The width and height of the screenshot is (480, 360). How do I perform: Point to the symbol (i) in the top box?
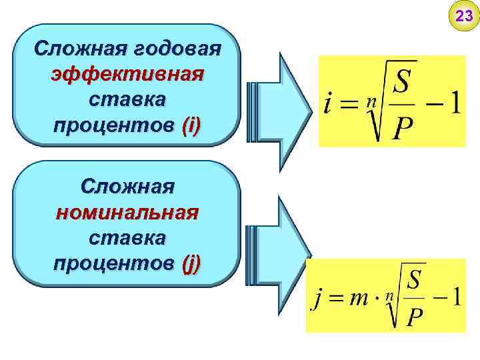tap(191, 125)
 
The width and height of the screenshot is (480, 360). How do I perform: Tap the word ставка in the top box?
tap(127, 100)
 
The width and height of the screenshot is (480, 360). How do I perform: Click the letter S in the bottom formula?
tap(414, 279)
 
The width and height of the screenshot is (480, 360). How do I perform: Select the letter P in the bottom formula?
tap(414, 316)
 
